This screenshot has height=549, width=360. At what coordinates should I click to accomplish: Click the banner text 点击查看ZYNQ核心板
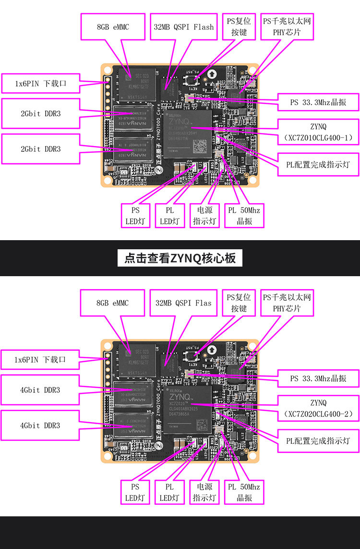tap(180, 258)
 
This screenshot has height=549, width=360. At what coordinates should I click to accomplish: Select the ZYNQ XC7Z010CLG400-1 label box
tap(318, 133)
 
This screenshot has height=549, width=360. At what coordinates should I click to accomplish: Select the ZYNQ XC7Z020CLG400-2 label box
tap(318, 408)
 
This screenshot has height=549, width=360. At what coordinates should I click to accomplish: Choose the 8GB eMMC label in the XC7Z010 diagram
tap(113, 27)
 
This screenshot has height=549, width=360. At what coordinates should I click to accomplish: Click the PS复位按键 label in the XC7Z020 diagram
tap(239, 303)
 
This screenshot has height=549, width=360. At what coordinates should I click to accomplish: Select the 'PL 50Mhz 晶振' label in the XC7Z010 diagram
tap(244, 216)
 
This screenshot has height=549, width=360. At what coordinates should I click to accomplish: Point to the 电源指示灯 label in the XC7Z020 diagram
tap(204, 491)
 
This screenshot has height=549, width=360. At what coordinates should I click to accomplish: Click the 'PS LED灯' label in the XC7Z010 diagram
tap(135, 216)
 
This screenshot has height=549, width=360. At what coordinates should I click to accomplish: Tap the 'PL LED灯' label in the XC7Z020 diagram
tap(170, 491)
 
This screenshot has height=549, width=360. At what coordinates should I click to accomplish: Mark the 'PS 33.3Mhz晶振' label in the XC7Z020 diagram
tap(318, 378)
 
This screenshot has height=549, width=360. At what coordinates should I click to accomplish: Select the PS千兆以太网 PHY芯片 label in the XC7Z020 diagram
tap(287, 303)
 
